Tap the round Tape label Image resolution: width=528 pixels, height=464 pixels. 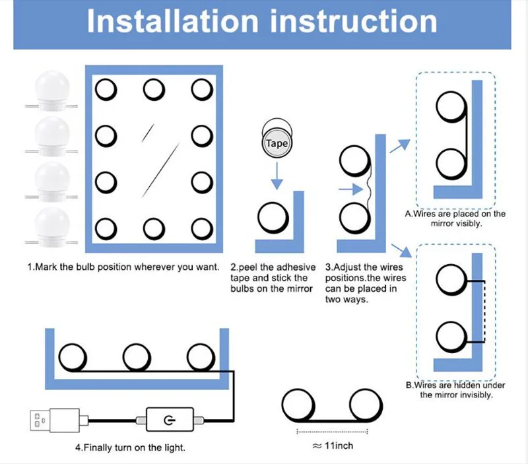pyautogui.click(x=277, y=143)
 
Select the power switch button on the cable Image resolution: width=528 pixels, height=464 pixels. pyautogui.click(x=170, y=418)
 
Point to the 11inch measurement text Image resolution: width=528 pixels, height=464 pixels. pyautogui.click(x=332, y=446)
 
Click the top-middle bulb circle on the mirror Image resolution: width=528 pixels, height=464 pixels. pyautogui.click(x=154, y=88)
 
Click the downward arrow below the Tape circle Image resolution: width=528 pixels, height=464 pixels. pyautogui.click(x=277, y=174)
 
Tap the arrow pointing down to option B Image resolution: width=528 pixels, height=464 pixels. pyautogui.click(x=398, y=250)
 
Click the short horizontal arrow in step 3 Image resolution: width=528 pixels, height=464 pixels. pyautogui.click(x=350, y=190)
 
